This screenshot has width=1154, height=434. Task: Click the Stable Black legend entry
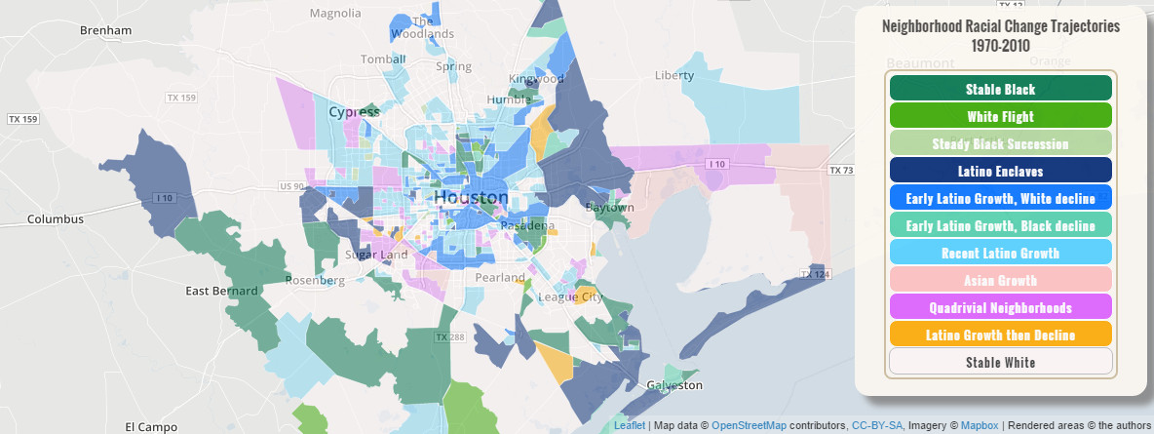coord(1000,89)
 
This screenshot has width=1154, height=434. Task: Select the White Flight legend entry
coord(1000,116)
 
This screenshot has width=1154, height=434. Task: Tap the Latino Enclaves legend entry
coord(1000,171)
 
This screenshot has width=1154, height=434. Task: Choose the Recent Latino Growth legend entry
coord(1000,253)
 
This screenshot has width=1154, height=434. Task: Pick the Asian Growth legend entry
coord(1000,280)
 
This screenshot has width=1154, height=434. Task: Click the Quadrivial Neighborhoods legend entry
coord(1000,307)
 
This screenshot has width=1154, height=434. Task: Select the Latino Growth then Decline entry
coord(1000,335)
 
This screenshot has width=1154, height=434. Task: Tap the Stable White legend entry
coord(1000,362)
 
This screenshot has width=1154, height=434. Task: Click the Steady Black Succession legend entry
coord(1000,143)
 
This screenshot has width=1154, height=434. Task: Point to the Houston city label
coord(471,197)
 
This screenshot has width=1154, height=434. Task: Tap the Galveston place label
coord(674,385)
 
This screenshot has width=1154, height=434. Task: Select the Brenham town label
coord(106,30)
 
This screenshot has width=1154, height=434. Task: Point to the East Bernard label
coord(222,291)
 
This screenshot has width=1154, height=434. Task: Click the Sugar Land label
coord(376,255)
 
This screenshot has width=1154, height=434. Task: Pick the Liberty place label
coord(674,75)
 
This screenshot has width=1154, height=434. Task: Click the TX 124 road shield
coord(814,275)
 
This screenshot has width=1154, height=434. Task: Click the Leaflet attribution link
coord(630,426)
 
